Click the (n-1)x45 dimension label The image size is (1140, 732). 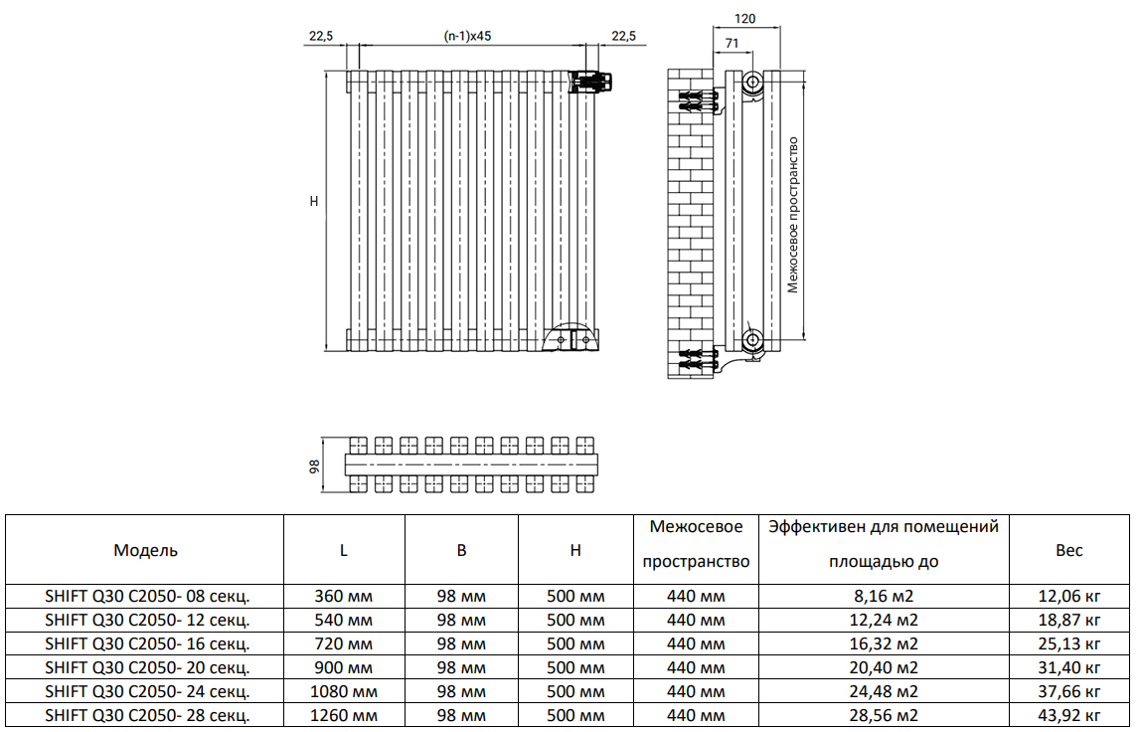click(x=467, y=36)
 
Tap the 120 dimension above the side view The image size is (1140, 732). click(x=744, y=19)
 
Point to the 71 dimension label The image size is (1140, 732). click(x=733, y=44)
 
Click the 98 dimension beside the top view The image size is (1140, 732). click(x=314, y=466)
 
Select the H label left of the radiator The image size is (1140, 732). click(x=314, y=201)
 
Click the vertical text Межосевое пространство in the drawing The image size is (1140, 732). click(x=792, y=215)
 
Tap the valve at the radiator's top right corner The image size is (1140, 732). click(x=593, y=83)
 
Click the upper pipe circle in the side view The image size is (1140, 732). click(x=752, y=82)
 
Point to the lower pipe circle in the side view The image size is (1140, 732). click(x=752, y=339)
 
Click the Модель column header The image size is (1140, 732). click(x=145, y=550)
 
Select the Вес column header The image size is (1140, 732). click(x=1068, y=550)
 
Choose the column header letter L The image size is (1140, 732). click(x=344, y=551)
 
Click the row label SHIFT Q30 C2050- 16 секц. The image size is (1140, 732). click(x=147, y=643)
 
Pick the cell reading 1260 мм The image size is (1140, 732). click(x=344, y=715)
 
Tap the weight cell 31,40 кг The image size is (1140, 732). click(x=1068, y=668)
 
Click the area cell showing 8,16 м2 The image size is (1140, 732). click(x=884, y=597)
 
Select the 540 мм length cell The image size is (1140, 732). click(x=344, y=620)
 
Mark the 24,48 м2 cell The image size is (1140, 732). click(x=884, y=691)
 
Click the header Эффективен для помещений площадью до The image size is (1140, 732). click(x=884, y=544)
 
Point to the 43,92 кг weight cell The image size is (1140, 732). click(x=1068, y=715)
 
